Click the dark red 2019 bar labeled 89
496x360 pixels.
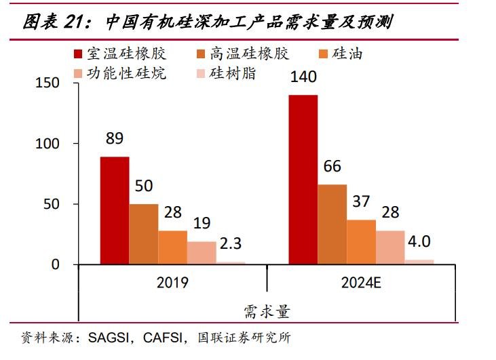pyautogui.click(x=115, y=210)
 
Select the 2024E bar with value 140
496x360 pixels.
pyautogui.click(x=303, y=179)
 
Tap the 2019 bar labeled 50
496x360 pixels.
pyautogui.click(x=144, y=234)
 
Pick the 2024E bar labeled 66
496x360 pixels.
pyautogui.click(x=332, y=224)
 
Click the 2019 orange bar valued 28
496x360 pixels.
pyautogui.click(x=173, y=247)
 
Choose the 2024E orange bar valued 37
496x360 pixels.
pyautogui.click(x=361, y=241)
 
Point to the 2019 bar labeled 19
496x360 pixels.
pyautogui.click(x=202, y=252)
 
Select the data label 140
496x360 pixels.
pyautogui.click(x=303, y=77)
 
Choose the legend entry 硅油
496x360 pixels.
pyautogui.click(x=347, y=54)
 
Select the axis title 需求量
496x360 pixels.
pyautogui.click(x=267, y=312)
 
